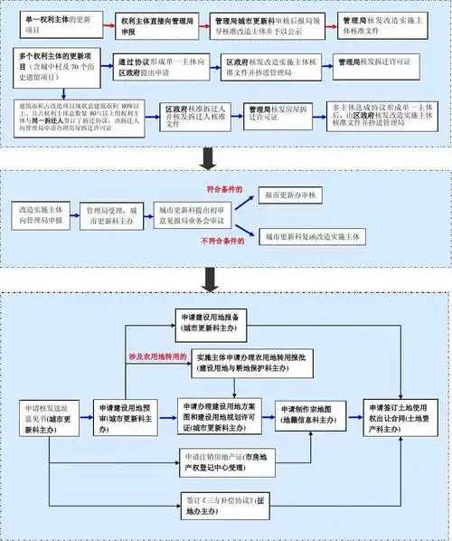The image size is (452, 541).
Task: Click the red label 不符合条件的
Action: click(223, 242)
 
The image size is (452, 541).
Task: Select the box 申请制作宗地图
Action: click(308, 414)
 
